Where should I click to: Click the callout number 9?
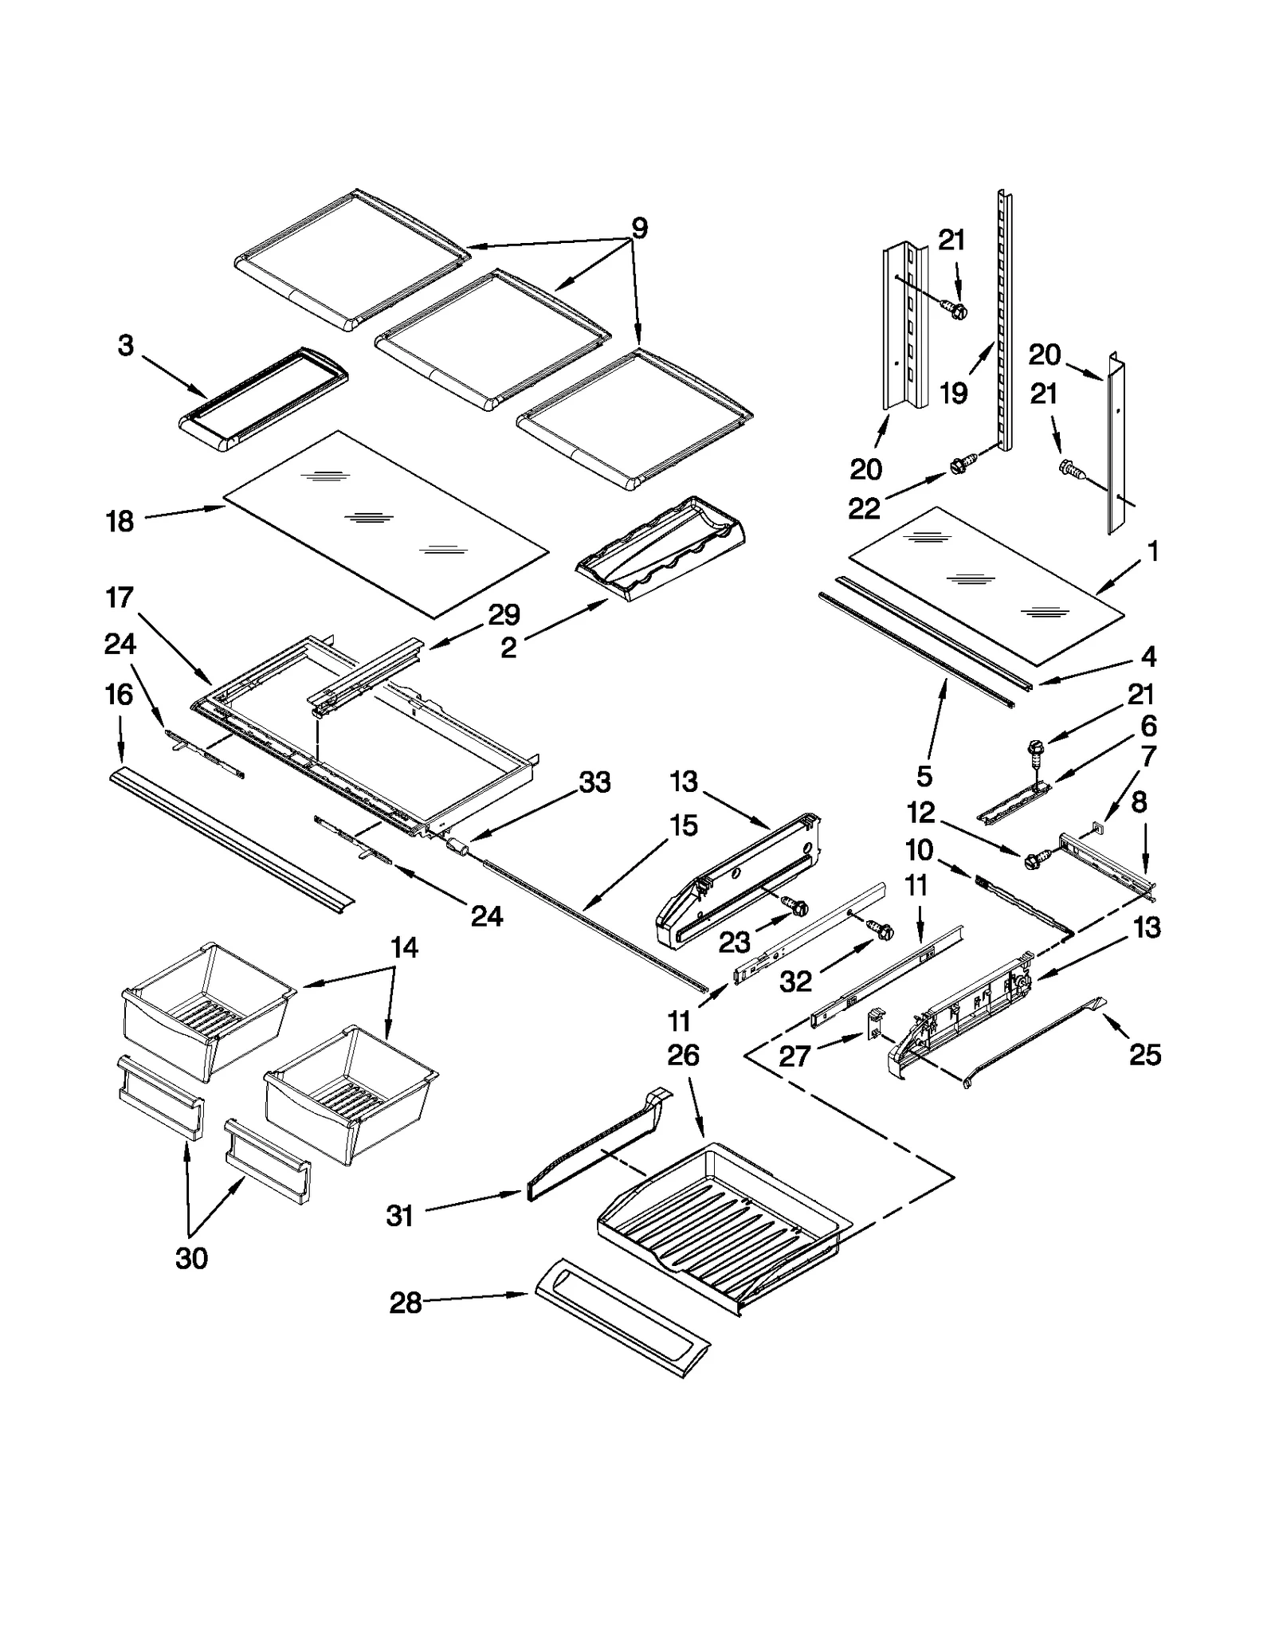point(639,228)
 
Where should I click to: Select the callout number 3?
point(126,346)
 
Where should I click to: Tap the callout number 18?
point(120,522)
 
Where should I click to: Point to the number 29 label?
point(504,614)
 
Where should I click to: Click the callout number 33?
point(594,782)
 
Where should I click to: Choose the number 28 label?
point(405,1303)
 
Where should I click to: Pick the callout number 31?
point(399,1216)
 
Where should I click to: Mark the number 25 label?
point(1145,1055)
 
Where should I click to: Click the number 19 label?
point(953,393)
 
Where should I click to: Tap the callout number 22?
point(864,508)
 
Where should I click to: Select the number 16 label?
point(120,695)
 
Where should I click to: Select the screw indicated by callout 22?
point(963,463)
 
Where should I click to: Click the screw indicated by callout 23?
point(796,906)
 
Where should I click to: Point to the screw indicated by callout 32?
point(882,929)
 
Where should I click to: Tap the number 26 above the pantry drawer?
point(684,1056)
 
